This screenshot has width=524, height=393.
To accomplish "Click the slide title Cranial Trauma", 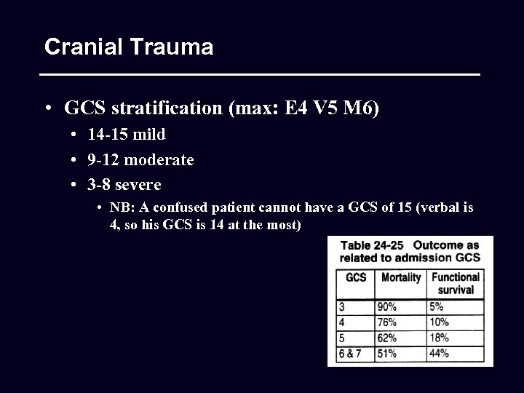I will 129,47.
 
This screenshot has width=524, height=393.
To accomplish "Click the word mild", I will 148,135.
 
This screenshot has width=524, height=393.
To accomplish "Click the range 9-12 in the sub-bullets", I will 103,159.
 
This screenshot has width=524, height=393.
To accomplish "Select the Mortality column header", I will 401,277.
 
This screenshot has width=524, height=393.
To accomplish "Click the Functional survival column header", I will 456,283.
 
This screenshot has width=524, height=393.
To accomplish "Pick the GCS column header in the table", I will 356,277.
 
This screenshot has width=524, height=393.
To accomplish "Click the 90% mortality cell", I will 387,307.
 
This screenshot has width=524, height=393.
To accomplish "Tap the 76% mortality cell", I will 387,322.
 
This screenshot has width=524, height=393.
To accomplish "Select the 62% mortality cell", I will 387,338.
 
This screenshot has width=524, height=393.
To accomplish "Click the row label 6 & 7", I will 350,354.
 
